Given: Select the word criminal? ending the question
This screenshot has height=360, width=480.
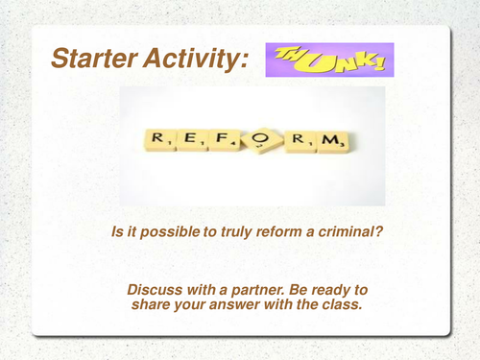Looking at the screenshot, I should [x=337, y=231].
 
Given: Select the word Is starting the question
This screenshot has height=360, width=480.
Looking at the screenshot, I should [x=117, y=231].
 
